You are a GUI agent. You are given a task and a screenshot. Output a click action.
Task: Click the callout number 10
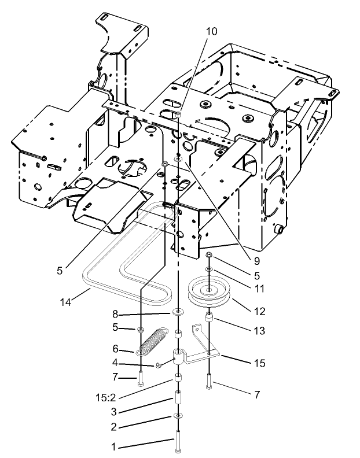(x=212, y=31)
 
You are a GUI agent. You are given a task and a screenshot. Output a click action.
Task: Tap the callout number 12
(x=259, y=311)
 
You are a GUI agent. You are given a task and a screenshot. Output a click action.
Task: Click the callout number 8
(x=116, y=315)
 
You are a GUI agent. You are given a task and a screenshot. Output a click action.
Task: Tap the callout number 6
(x=115, y=350)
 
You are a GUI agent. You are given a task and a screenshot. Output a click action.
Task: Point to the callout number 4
(x=115, y=363)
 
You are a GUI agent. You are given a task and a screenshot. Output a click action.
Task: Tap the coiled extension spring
(x=156, y=341)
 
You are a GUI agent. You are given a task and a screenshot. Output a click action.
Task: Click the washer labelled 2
(x=176, y=416)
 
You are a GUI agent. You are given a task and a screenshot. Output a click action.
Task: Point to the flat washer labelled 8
(x=177, y=313)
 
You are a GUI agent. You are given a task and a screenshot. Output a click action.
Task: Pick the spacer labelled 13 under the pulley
(x=209, y=319)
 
